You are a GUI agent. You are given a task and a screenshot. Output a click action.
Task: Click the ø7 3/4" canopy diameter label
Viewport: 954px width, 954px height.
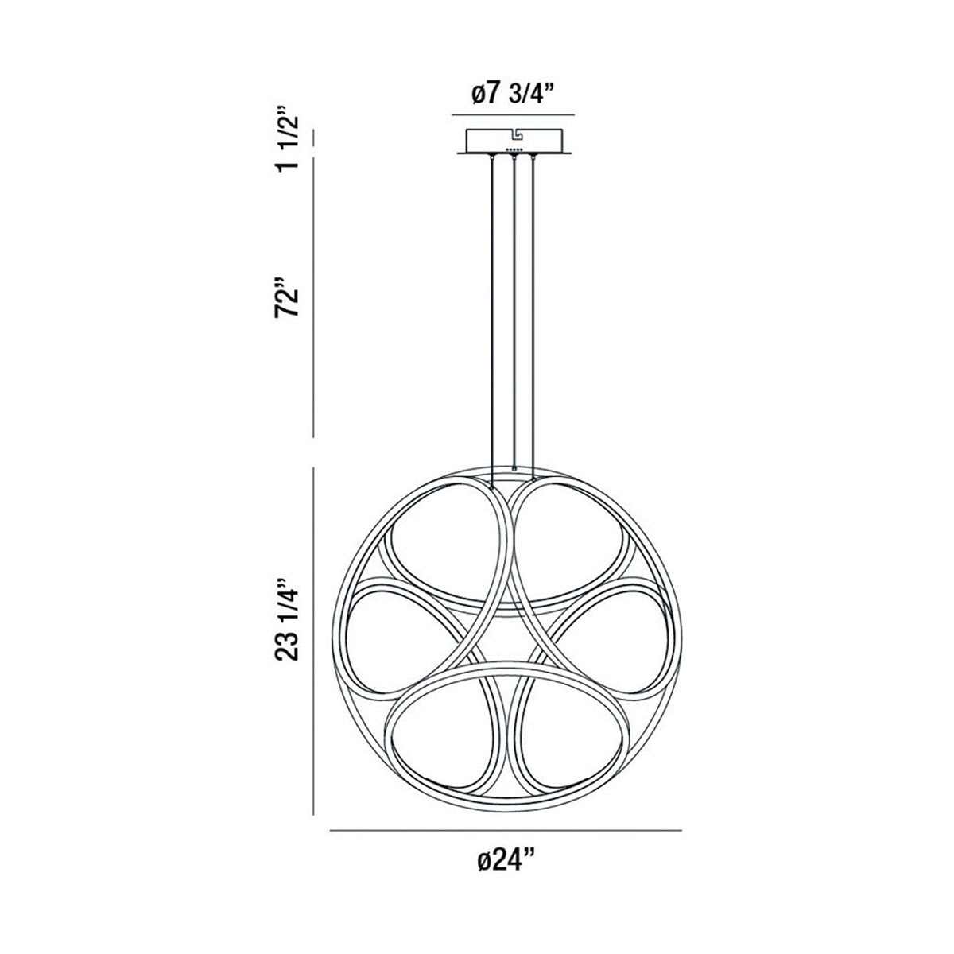point(512,94)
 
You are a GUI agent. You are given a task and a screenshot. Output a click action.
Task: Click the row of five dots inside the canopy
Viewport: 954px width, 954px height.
point(514,149)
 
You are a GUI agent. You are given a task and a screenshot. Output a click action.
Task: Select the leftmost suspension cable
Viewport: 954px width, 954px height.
point(494,318)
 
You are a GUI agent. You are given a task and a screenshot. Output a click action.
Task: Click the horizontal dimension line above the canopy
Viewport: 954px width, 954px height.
point(513,116)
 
